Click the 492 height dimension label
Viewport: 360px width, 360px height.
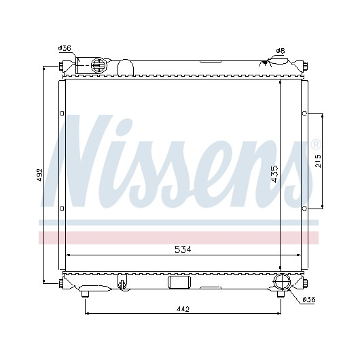(40, 175)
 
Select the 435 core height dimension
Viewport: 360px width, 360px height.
(274, 174)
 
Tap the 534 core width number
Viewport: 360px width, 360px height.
(183, 249)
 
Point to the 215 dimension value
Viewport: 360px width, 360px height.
(318, 161)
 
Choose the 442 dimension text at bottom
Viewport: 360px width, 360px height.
(183, 309)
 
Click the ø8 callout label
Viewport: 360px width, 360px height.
(281, 51)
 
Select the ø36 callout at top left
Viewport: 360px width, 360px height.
(65, 48)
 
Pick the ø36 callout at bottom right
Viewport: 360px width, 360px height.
(309, 300)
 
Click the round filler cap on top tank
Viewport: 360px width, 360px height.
(99, 66)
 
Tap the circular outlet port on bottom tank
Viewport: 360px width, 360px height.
(282, 282)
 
